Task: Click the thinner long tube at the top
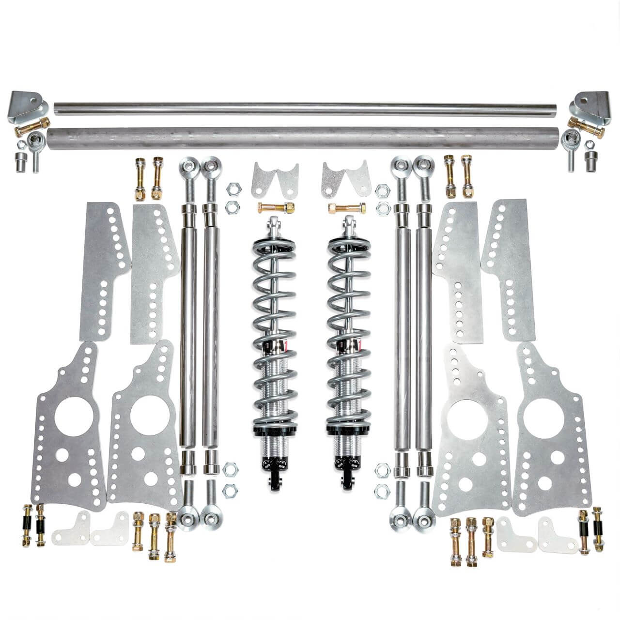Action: pos(310,108)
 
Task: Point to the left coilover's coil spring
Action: pos(271,315)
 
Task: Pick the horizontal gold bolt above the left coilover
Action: pos(277,208)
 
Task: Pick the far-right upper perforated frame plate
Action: pos(511,271)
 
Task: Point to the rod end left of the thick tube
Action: pos(37,142)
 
